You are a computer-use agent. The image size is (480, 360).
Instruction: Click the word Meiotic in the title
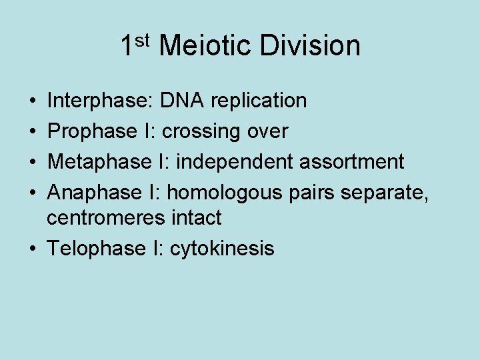click(205, 46)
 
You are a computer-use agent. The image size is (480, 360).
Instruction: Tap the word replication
click(259, 101)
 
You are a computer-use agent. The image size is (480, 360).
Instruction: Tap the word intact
click(194, 217)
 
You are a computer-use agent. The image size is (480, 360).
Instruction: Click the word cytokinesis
click(222, 249)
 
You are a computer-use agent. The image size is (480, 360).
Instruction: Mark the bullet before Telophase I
click(33, 249)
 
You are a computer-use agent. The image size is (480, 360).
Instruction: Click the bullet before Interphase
click(33, 101)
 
